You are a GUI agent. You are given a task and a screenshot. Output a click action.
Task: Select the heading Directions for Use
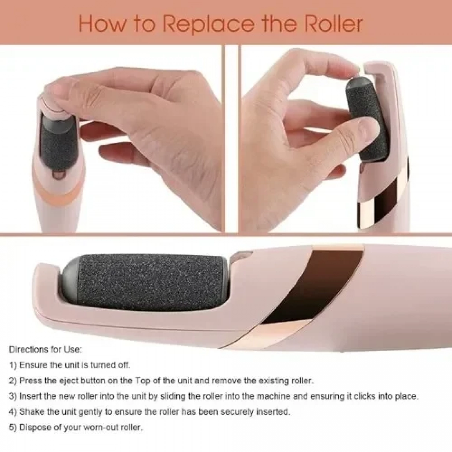(x=46, y=350)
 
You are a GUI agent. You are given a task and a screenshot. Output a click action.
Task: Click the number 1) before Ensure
(x=13, y=365)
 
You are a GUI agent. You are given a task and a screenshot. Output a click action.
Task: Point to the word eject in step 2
(x=67, y=381)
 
